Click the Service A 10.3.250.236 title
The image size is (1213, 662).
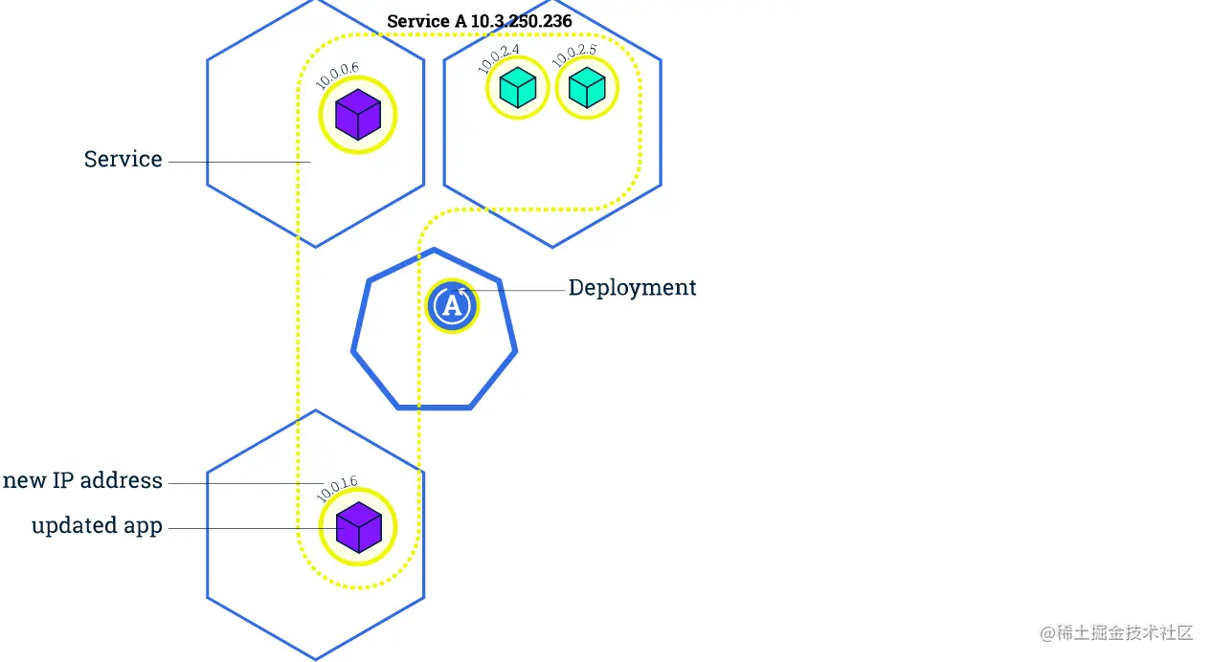[x=480, y=21]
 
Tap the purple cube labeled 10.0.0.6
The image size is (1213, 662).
[x=358, y=115]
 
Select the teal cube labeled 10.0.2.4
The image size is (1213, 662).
[x=518, y=88]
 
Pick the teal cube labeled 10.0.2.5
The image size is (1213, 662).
[x=587, y=88]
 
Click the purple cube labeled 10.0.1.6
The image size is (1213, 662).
[x=358, y=527]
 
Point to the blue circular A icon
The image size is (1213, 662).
[x=452, y=306]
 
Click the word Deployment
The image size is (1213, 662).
[x=632, y=288]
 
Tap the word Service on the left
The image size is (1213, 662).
[x=123, y=160]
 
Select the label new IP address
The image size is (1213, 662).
[x=82, y=480]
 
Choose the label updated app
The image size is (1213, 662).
[x=97, y=526]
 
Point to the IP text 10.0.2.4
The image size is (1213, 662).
[x=498, y=57]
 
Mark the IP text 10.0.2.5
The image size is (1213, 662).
[x=573, y=57]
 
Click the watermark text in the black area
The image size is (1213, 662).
[x=1114, y=631]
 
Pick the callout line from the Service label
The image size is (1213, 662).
[x=239, y=163]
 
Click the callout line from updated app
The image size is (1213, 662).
[x=249, y=528]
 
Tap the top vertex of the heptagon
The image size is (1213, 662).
[x=435, y=251]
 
